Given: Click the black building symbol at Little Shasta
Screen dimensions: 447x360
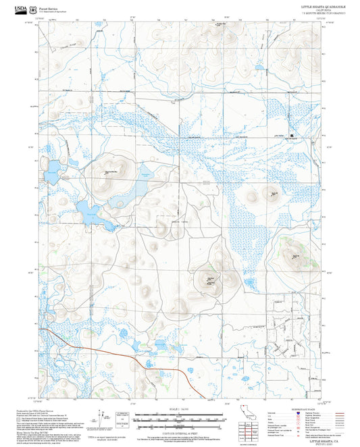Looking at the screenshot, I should click(x=292, y=135).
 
